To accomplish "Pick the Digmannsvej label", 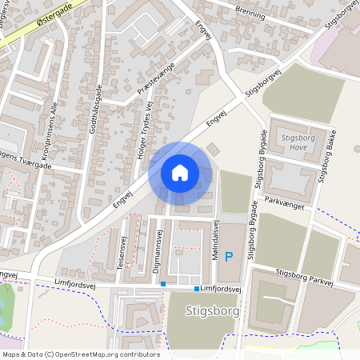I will coord(158,247).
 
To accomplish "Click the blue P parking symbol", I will coord(229,257).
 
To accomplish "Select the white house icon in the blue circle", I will coord(179,172).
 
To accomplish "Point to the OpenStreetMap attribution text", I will coord(80,354).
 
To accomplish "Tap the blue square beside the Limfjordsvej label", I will coord(196,288).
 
